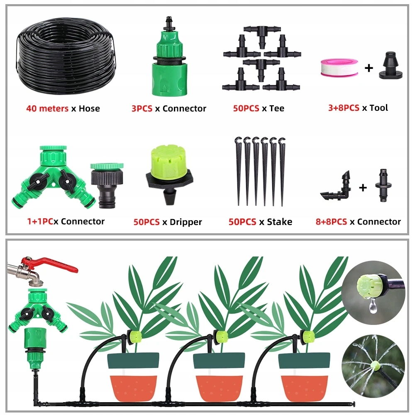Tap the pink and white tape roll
339,67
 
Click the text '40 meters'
47,108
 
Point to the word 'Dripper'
186,222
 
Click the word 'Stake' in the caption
279,222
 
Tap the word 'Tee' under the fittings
276,108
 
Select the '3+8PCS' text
344,108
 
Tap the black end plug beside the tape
391,66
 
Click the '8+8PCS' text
331,222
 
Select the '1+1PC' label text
40,222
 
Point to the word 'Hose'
89,108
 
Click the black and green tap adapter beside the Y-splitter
107,185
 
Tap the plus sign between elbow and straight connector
363,188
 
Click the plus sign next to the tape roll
369,68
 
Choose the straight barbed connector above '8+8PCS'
383,185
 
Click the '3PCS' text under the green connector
142,108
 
